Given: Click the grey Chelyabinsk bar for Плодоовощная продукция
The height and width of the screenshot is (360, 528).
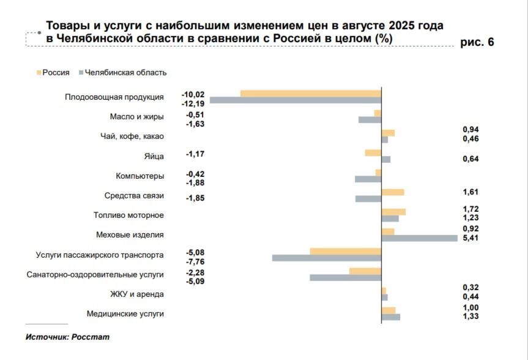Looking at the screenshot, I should coord(296,100).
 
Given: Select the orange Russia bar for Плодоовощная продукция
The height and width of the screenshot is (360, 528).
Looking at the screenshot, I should coord(311,93).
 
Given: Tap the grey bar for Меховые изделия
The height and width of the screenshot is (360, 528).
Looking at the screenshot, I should coord(419,238).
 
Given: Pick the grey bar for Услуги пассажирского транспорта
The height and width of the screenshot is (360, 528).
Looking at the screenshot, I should coord(327,258).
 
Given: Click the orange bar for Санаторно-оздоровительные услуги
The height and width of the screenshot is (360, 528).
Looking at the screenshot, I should coord(365,271).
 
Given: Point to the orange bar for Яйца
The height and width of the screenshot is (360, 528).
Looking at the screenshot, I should coord(373,152).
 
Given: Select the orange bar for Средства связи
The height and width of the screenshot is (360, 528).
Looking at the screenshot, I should coord(392,192).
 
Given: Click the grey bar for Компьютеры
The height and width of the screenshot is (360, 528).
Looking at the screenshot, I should coord(368,179).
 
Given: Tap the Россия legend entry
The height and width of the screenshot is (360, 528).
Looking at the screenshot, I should coord(56,72).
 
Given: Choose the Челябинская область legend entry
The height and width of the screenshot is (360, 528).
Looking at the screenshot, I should coord(125,72).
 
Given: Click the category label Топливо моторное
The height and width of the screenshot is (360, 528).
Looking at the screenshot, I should coord(128,215).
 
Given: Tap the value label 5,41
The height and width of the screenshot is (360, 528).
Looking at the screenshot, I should coord(471,238).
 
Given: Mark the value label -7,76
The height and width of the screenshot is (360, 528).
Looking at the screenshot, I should coord(195,261).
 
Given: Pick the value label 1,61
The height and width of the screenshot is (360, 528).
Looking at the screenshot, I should coord(471,192).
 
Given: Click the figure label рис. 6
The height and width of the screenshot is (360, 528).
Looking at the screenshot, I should coord(477,42).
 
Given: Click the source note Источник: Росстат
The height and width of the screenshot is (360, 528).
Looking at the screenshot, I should coord(67,337).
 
